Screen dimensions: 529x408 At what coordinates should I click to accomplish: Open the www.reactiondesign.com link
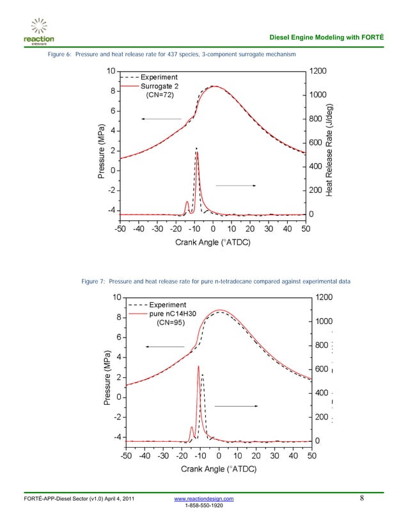click(x=204, y=498)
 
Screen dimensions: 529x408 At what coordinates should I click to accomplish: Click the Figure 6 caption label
click(x=59, y=56)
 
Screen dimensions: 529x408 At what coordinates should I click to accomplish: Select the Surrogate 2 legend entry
click(x=160, y=86)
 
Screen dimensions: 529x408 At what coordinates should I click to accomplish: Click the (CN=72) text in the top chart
click(x=160, y=95)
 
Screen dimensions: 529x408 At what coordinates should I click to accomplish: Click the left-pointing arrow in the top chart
click(x=161, y=119)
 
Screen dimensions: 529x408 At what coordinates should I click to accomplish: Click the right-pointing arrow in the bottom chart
click(x=236, y=406)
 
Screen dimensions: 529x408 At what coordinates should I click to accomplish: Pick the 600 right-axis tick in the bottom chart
click(x=322, y=370)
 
